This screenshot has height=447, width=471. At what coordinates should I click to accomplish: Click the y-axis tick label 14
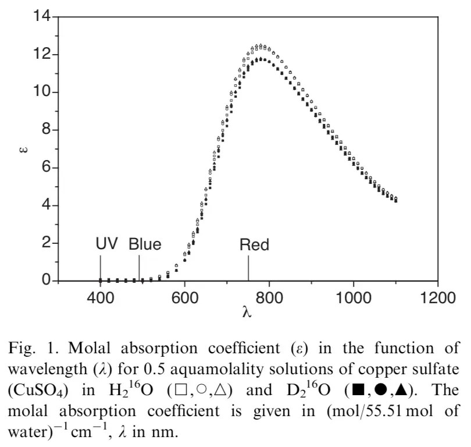pos(42,17)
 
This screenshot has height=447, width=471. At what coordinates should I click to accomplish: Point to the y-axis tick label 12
pos(42,55)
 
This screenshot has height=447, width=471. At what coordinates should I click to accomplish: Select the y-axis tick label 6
pos(47,168)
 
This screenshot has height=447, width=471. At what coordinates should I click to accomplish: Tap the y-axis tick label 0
pos(47,281)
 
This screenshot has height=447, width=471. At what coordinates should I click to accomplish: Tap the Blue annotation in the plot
pos(145,244)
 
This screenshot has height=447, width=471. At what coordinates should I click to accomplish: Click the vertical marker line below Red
pos(248,268)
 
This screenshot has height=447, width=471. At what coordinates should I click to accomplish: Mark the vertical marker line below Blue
pos(139,268)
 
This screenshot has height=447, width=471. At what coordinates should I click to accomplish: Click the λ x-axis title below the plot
pos(247,313)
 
